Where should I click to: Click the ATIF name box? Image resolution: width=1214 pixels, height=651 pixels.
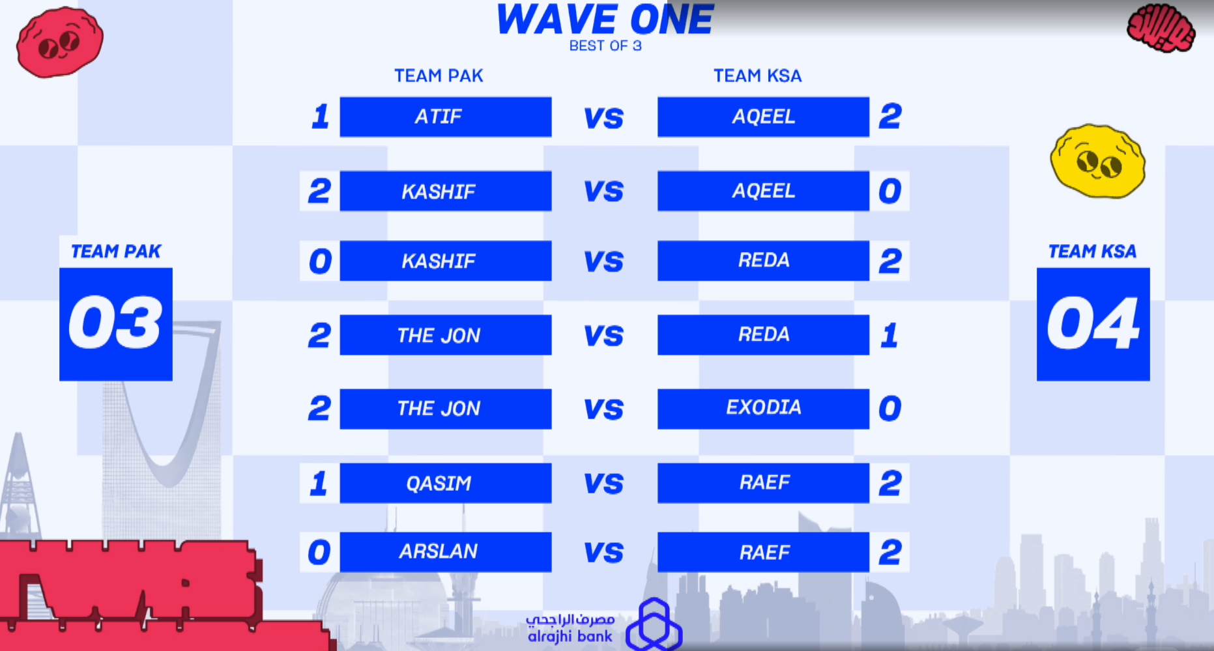(446, 117)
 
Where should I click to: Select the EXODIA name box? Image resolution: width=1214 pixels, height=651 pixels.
(763, 409)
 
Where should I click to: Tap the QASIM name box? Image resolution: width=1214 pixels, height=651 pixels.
(446, 483)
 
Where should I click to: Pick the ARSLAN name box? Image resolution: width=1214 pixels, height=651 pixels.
(446, 552)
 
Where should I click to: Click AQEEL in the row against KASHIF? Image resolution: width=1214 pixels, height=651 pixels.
(763, 191)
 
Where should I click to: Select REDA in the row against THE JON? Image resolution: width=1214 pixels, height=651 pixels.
(763, 335)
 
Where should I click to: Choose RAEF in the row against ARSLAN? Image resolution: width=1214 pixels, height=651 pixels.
(763, 552)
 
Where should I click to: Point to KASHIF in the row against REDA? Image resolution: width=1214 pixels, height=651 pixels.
(446, 261)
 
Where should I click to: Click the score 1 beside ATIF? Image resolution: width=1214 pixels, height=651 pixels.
(320, 117)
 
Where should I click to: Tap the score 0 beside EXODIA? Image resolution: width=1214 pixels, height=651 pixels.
(890, 409)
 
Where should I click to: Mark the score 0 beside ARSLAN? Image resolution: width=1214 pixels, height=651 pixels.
(319, 553)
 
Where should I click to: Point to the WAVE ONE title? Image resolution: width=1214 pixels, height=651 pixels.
(605, 20)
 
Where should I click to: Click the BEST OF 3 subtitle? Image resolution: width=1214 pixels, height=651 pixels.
(605, 46)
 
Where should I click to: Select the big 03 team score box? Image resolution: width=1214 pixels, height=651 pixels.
(116, 324)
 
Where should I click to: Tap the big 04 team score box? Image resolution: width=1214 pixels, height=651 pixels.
(1093, 324)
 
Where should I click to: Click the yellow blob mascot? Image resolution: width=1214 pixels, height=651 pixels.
(1098, 161)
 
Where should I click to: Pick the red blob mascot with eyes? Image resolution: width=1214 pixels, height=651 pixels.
(59, 42)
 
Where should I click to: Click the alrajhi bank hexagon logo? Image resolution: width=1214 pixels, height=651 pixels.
(654, 624)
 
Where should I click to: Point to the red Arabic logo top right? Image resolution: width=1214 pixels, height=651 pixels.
(1161, 28)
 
